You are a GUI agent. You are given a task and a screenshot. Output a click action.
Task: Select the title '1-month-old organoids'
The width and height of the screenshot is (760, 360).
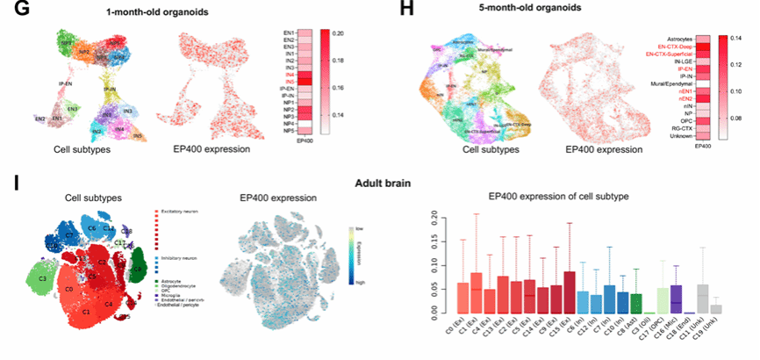(x=157, y=12)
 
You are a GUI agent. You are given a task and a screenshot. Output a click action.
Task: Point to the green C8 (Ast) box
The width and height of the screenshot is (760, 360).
(x=612, y=303)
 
